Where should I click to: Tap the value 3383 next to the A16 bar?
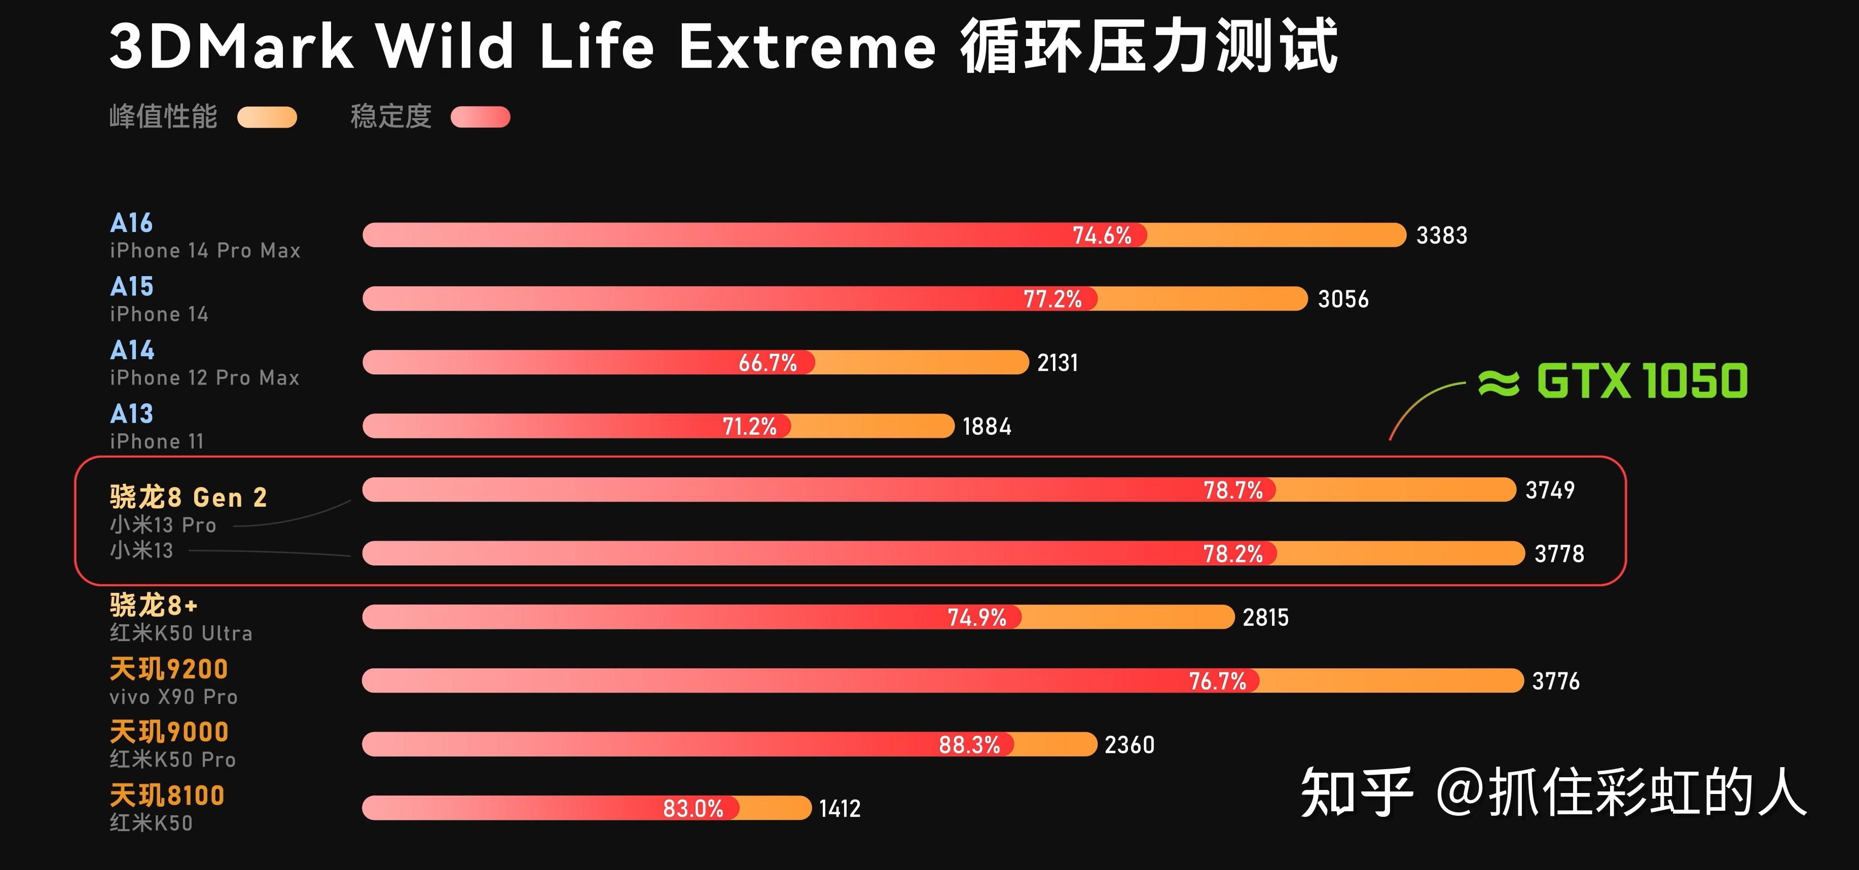[x=1441, y=235]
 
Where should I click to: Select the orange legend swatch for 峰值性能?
[x=267, y=117]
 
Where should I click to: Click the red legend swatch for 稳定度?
[x=480, y=117]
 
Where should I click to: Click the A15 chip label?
[x=132, y=286]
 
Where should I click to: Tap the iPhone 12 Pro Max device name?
[x=204, y=377]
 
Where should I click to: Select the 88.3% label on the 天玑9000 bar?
[x=969, y=744]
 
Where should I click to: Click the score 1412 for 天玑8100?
[x=840, y=808]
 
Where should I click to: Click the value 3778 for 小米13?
[x=1559, y=553]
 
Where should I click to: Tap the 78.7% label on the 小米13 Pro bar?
[x=1232, y=490]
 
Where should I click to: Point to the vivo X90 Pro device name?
[x=173, y=697]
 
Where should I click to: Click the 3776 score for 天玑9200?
[x=1555, y=680]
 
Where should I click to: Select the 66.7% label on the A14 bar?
[x=767, y=362]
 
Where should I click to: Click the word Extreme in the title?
[x=807, y=47]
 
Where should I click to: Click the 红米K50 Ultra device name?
[x=181, y=633]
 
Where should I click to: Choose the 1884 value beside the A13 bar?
[x=987, y=426]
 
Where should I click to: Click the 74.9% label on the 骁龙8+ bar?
[x=976, y=617]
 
